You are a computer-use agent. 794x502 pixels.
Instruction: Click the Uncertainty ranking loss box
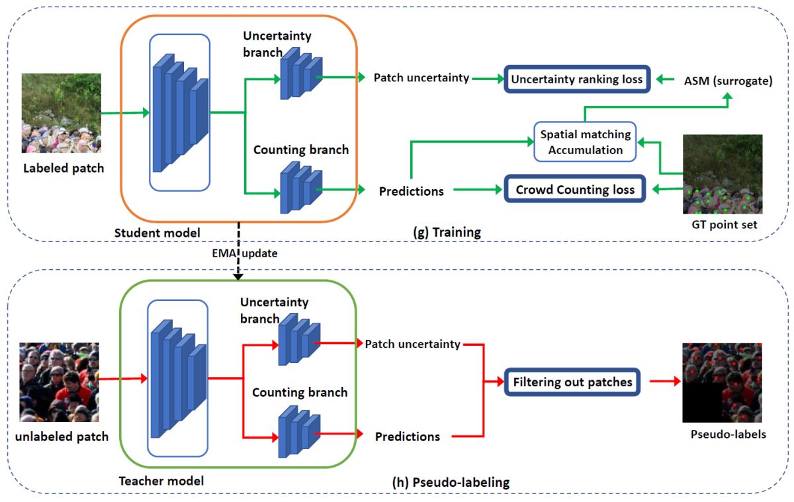[576, 79]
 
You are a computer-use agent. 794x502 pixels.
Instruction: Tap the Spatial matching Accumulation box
[585, 142]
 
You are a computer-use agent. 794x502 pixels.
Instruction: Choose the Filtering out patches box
[572, 382]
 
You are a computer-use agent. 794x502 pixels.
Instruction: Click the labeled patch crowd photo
[62, 113]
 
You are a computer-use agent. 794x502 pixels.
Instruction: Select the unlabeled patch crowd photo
[60, 382]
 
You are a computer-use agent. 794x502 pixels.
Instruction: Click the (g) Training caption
[446, 233]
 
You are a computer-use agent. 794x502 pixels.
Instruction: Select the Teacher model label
[160, 481]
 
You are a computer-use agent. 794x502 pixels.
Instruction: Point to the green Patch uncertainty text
[421, 78]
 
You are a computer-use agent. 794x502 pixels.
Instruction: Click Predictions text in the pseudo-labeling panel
[407, 437]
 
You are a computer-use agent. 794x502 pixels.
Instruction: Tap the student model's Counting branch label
[300, 149]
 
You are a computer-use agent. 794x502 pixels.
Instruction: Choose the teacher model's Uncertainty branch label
[274, 310]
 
